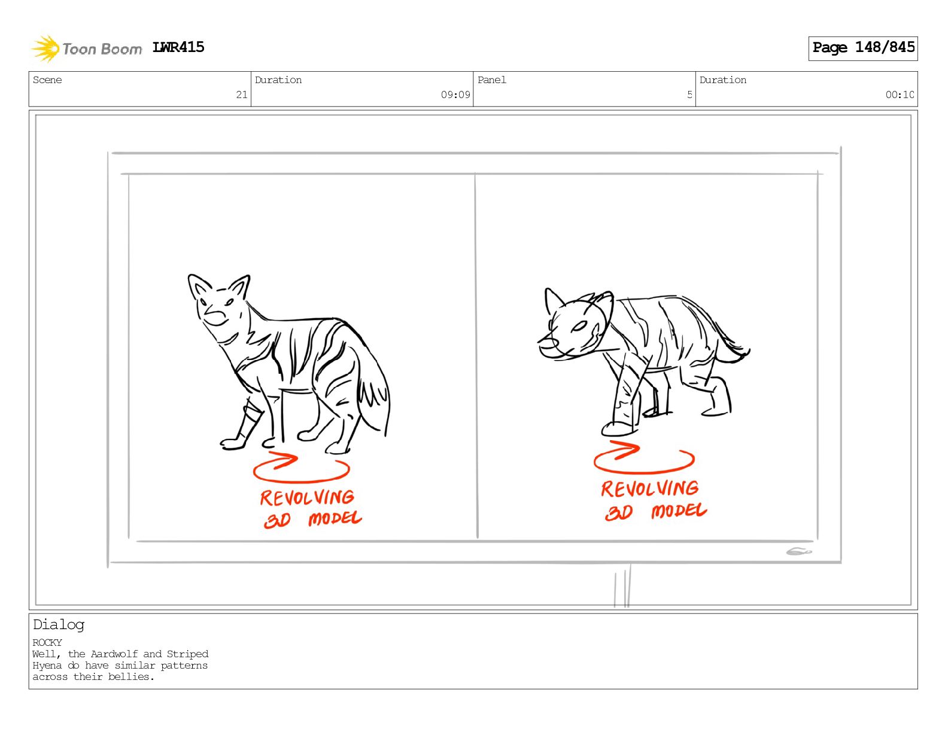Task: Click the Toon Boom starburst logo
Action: coord(45,48)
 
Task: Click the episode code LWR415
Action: coord(178,47)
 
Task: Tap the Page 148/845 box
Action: coord(862,48)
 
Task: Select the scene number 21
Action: coord(242,94)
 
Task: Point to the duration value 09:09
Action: coord(455,94)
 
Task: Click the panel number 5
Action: coord(689,94)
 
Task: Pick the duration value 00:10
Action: coord(899,94)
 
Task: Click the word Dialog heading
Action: coord(59,625)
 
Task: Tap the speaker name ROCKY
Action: coord(47,643)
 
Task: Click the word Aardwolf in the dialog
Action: coord(114,654)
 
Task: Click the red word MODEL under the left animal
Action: coord(335,518)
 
